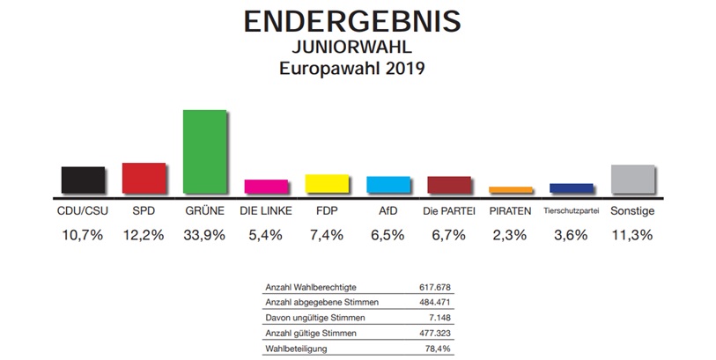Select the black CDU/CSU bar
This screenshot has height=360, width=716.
tap(83, 179)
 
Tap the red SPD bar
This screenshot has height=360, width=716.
tap(144, 176)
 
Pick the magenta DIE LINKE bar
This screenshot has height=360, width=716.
tap(265, 185)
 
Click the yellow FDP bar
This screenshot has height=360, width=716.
tap(327, 182)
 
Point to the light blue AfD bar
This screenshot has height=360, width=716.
tap(388, 183)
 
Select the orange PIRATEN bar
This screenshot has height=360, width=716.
tap(510, 188)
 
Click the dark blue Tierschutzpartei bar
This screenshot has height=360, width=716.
tap(571, 187)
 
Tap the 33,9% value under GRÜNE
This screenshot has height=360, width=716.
tap(204, 235)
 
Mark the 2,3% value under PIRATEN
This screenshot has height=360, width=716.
tap(510, 235)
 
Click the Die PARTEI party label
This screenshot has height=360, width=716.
tap(449, 211)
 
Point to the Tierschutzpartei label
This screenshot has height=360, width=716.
tap(571, 211)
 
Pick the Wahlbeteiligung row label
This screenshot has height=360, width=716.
tap(297, 348)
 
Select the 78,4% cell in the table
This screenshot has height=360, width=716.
tap(439, 348)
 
